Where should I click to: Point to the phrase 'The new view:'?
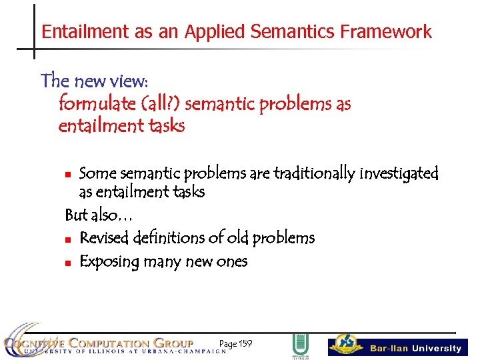pos(95,81)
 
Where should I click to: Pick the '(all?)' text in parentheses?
pos(161,104)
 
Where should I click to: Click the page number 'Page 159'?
pos(235,343)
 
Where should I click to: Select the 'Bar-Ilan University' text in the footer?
pos(415,348)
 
